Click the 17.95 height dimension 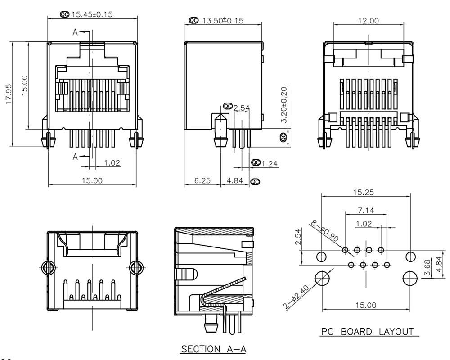[8, 94]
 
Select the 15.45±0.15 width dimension [92, 14]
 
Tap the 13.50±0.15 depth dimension [222, 21]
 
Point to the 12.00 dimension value [368, 21]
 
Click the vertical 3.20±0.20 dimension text [284, 105]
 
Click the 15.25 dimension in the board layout [364, 193]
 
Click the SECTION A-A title [214, 349]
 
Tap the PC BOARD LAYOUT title [367, 332]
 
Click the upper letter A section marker [76, 32]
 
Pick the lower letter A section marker [76, 157]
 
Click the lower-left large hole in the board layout [322, 278]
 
